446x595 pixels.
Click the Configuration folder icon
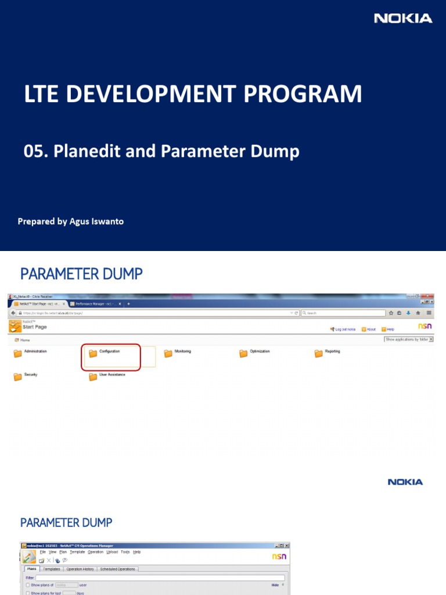point(93,353)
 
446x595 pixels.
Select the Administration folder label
point(35,352)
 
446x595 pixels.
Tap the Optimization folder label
point(260,352)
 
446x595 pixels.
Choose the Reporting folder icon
point(318,353)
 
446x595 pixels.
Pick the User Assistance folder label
point(112,375)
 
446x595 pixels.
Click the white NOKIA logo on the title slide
point(403,19)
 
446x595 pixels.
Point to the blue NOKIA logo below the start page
point(405,482)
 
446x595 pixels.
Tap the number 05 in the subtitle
point(34,152)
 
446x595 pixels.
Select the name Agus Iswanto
point(96,221)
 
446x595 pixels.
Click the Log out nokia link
point(345,329)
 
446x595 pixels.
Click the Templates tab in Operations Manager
point(52,569)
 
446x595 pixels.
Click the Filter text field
point(160,578)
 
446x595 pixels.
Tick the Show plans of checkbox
point(28,585)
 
